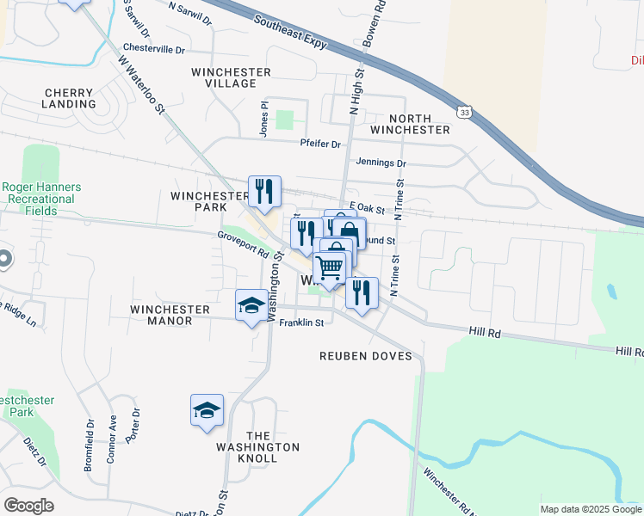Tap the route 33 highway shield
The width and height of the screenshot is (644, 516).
[x=465, y=113]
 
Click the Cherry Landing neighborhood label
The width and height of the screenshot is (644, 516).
[x=74, y=97]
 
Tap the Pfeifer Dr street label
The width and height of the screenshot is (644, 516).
[x=320, y=143]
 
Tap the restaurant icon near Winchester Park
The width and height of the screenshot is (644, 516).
[x=263, y=192]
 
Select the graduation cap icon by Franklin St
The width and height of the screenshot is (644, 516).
[x=251, y=305]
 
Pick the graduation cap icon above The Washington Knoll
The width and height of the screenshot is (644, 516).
[x=207, y=410]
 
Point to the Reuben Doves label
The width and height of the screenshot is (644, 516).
[x=366, y=356]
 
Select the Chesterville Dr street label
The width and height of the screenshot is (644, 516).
[x=154, y=49]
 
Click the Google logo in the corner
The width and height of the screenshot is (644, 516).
[x=28, y=506]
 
